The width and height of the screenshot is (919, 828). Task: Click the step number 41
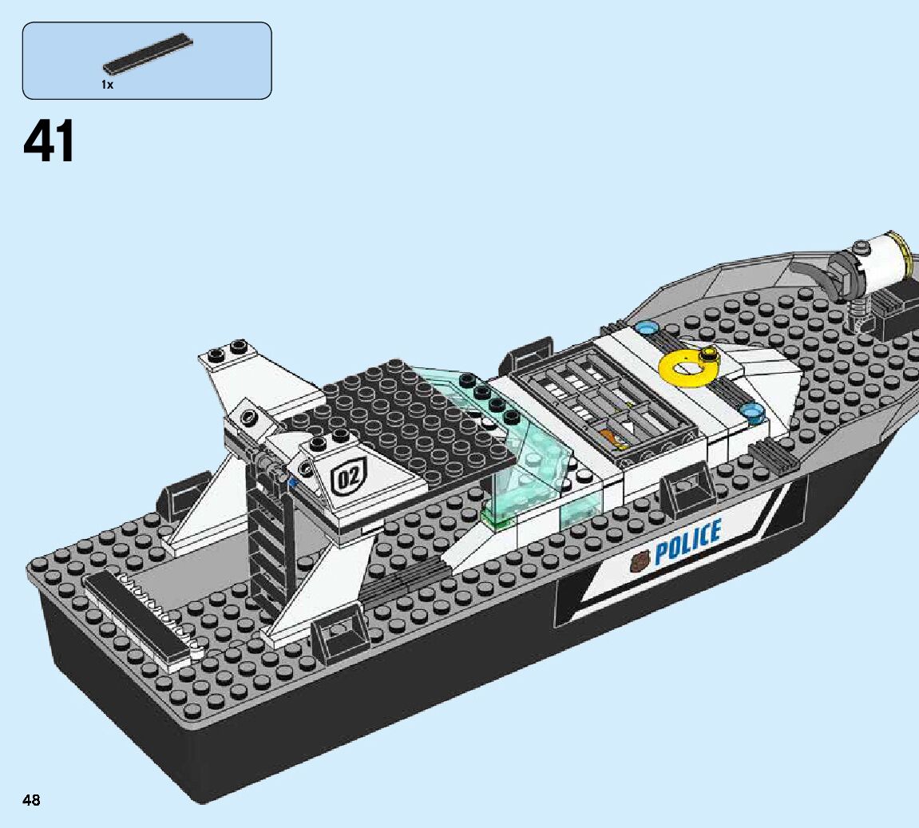coord(50,142)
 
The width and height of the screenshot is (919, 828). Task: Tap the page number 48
coord(32,800)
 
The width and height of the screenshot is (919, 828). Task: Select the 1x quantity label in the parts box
coord(108,84)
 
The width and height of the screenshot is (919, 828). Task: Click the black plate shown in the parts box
coord(148,53)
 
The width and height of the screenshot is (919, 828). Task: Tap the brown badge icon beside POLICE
coord(639,563)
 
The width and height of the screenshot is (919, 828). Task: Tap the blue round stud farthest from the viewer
coord(647,327)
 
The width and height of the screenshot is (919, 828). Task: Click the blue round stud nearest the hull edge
coord(751,412)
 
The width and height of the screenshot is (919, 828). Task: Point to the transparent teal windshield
coord(519,463)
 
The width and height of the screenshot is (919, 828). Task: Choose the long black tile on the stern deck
coord(136,619)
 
